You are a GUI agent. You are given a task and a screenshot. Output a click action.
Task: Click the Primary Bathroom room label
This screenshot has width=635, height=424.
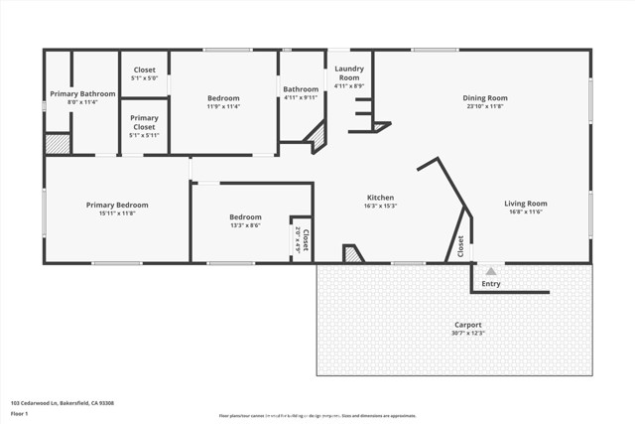[x=82, y=93]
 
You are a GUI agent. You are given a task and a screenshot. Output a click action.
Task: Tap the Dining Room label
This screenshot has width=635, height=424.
[x=485, y=97]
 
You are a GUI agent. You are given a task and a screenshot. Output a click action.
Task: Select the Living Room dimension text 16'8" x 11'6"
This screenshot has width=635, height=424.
[x=525, y=212]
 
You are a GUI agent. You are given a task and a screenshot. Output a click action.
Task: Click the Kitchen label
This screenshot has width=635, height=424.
[x=380, y=198]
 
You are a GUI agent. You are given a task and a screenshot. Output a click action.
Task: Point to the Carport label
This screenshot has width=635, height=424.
[x=468, y=325]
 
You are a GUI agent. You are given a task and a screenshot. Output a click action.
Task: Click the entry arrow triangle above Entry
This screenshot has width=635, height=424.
[x=490, y=269]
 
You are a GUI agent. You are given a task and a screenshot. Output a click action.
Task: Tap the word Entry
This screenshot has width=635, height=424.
[x=491, y=284]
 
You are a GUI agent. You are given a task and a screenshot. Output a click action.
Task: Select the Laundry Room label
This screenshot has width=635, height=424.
[x=349, y=72]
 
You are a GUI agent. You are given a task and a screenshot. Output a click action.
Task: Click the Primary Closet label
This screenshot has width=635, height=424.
[x=144, y=122]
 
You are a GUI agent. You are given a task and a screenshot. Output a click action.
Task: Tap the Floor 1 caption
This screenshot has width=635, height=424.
[x=20, y=413]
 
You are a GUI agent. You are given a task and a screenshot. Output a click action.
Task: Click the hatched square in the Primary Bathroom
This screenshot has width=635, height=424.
[x=58, y=143]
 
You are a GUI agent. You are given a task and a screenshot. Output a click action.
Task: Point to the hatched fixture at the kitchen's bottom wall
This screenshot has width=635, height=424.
[x=352, y=254]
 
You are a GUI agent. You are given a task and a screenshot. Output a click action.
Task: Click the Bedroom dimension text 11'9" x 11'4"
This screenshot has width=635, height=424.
[x=223, y=106]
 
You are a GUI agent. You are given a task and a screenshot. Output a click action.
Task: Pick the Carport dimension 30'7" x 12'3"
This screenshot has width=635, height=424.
[x=468, y=334]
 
